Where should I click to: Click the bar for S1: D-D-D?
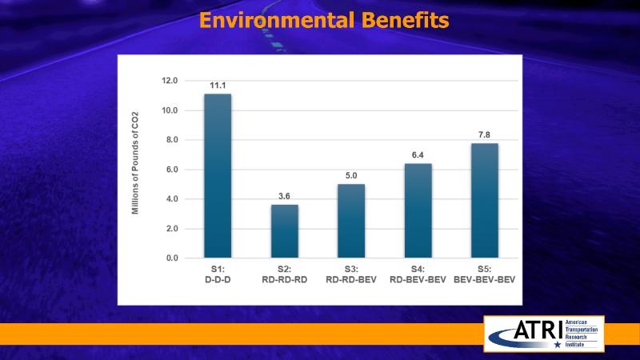click(218, 176)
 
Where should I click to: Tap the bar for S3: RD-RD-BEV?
click(351, 221)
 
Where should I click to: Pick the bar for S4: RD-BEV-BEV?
click(418, 210)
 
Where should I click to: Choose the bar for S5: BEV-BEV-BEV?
click(485, 200)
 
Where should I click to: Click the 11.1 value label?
click(218, 85)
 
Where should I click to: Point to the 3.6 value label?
click(284, 196)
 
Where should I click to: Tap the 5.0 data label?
click(351, 175)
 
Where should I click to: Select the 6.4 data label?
click(418, 154)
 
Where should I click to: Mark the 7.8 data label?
click(485, 134)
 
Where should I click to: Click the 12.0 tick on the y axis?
click(170, 81)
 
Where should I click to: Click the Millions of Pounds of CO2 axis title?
click(136, 169)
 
